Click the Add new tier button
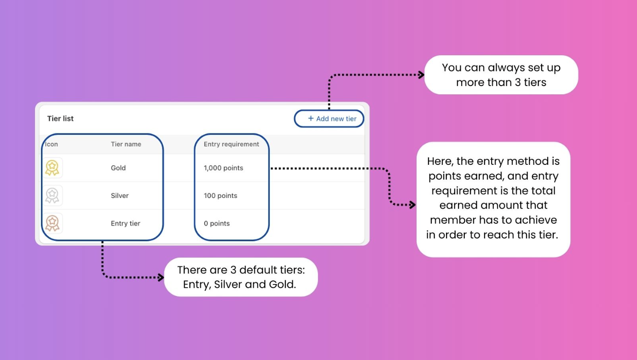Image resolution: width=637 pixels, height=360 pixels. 332,119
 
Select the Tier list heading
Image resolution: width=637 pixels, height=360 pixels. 60,119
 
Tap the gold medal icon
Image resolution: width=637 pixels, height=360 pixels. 52,168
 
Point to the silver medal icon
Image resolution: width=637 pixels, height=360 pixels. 52,196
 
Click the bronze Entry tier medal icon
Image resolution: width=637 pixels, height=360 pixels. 52,223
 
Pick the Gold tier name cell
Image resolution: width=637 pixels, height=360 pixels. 118,168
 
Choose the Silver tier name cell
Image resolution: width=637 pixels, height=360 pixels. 120,196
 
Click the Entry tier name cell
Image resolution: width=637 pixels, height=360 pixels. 126,223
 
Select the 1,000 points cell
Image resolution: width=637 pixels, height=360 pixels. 223,168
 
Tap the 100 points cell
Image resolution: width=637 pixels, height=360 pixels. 220,196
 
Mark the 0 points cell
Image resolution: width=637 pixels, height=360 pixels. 217,223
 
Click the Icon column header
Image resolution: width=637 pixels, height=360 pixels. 52,144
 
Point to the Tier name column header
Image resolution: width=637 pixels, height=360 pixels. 126,144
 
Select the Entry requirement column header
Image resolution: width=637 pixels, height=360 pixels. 232,144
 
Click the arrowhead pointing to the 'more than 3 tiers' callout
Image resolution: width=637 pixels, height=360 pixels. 421,75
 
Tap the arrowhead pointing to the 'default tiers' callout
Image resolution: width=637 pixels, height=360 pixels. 161,278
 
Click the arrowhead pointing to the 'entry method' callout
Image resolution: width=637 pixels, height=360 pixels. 412,205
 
